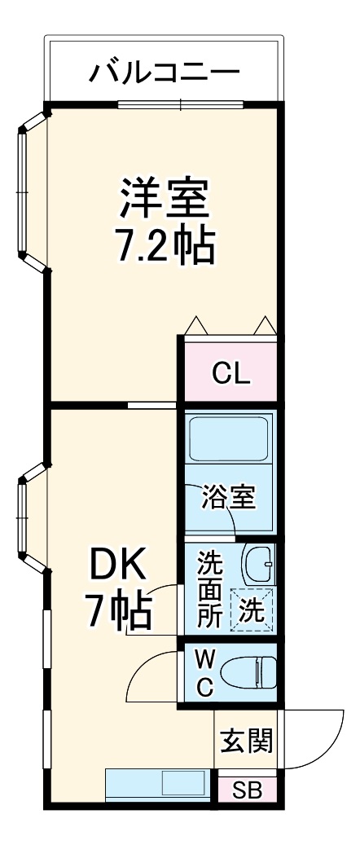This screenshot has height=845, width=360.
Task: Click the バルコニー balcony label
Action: coord(165,73)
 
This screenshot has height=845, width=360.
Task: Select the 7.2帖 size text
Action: coord(165,244)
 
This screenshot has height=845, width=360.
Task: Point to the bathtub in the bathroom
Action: coord(229,441)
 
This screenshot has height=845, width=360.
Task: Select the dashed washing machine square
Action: coord(252,610)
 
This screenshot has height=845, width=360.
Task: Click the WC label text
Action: coord(205,672)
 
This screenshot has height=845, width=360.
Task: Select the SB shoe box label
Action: coord(245,790)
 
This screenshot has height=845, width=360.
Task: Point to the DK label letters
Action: coord(117,563)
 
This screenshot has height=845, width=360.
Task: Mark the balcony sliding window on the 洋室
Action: coord(180,103)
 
